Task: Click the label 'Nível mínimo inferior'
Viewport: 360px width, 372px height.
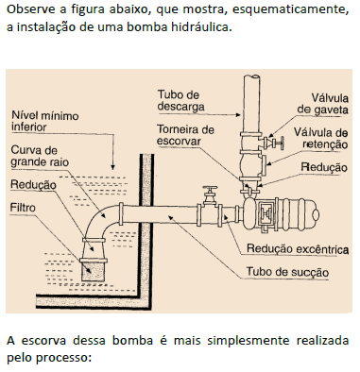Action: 45,123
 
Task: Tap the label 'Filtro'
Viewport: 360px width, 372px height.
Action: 24,206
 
